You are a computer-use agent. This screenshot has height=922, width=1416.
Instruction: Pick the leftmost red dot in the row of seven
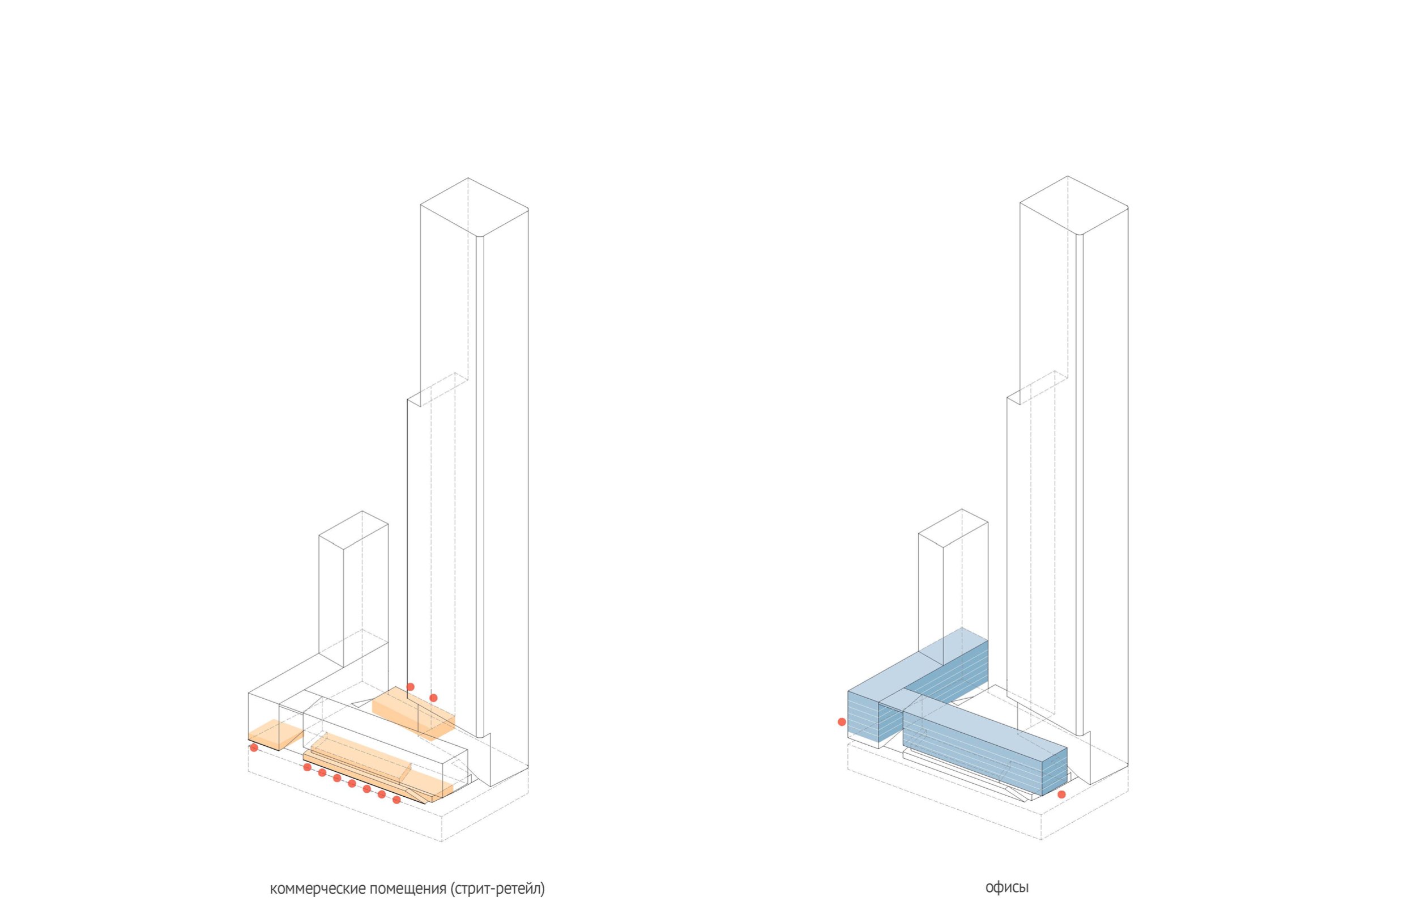click(x=307, y=767)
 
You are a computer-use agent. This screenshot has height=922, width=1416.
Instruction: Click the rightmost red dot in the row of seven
click(x=397, y=800)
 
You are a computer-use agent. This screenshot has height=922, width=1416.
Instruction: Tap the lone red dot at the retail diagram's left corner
click(x=254, y=747)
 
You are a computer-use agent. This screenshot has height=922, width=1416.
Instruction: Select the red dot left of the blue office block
click(x=842, y=722)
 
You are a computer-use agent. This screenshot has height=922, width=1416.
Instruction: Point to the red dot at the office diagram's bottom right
click(x=1061, y=794)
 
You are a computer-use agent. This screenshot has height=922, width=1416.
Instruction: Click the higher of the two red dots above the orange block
click(x=410, y=687)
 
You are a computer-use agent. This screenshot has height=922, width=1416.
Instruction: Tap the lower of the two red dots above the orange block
click(x=433, y=698)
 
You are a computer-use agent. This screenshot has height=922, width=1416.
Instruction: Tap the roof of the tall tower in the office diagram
click(x=1074, y=204)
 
